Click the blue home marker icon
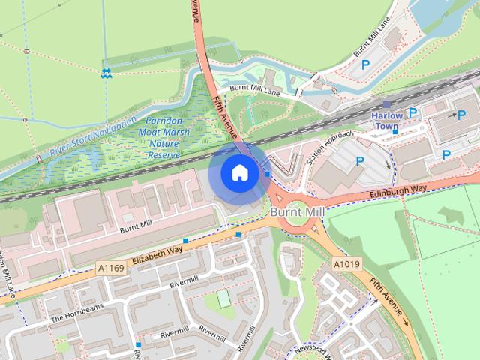pos(238,172)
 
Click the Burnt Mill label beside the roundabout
pos(297,213)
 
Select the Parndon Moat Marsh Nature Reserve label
pos(165,137)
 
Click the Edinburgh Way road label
pos(397,193)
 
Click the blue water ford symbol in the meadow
pos(106,73)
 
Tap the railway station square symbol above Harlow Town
pos(387,104)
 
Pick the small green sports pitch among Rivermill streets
pos(223,298)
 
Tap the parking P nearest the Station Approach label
pos(360,160)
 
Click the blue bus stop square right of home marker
pos(267,175)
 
